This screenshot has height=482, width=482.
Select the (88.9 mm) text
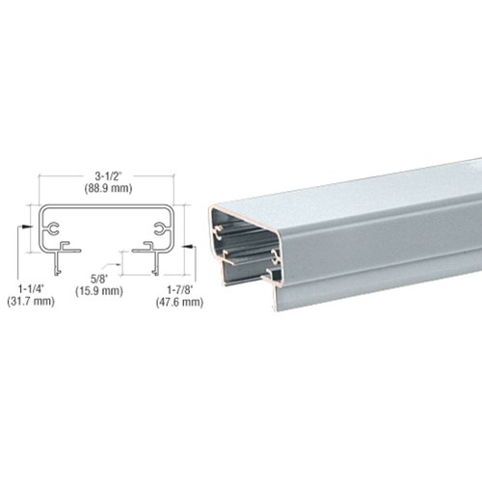click(109, 188)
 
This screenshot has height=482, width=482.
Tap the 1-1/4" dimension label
click(30, 289)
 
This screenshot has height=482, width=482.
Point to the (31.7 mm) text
click(31, 302)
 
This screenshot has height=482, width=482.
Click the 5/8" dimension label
click(99, 279)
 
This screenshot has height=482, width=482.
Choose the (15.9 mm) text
click(99, 291)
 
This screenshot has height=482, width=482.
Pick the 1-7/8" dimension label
click(179, 290)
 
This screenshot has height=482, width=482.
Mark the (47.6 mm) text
click(179, 302)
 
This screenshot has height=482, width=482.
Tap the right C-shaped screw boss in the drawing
click(160, 228)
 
